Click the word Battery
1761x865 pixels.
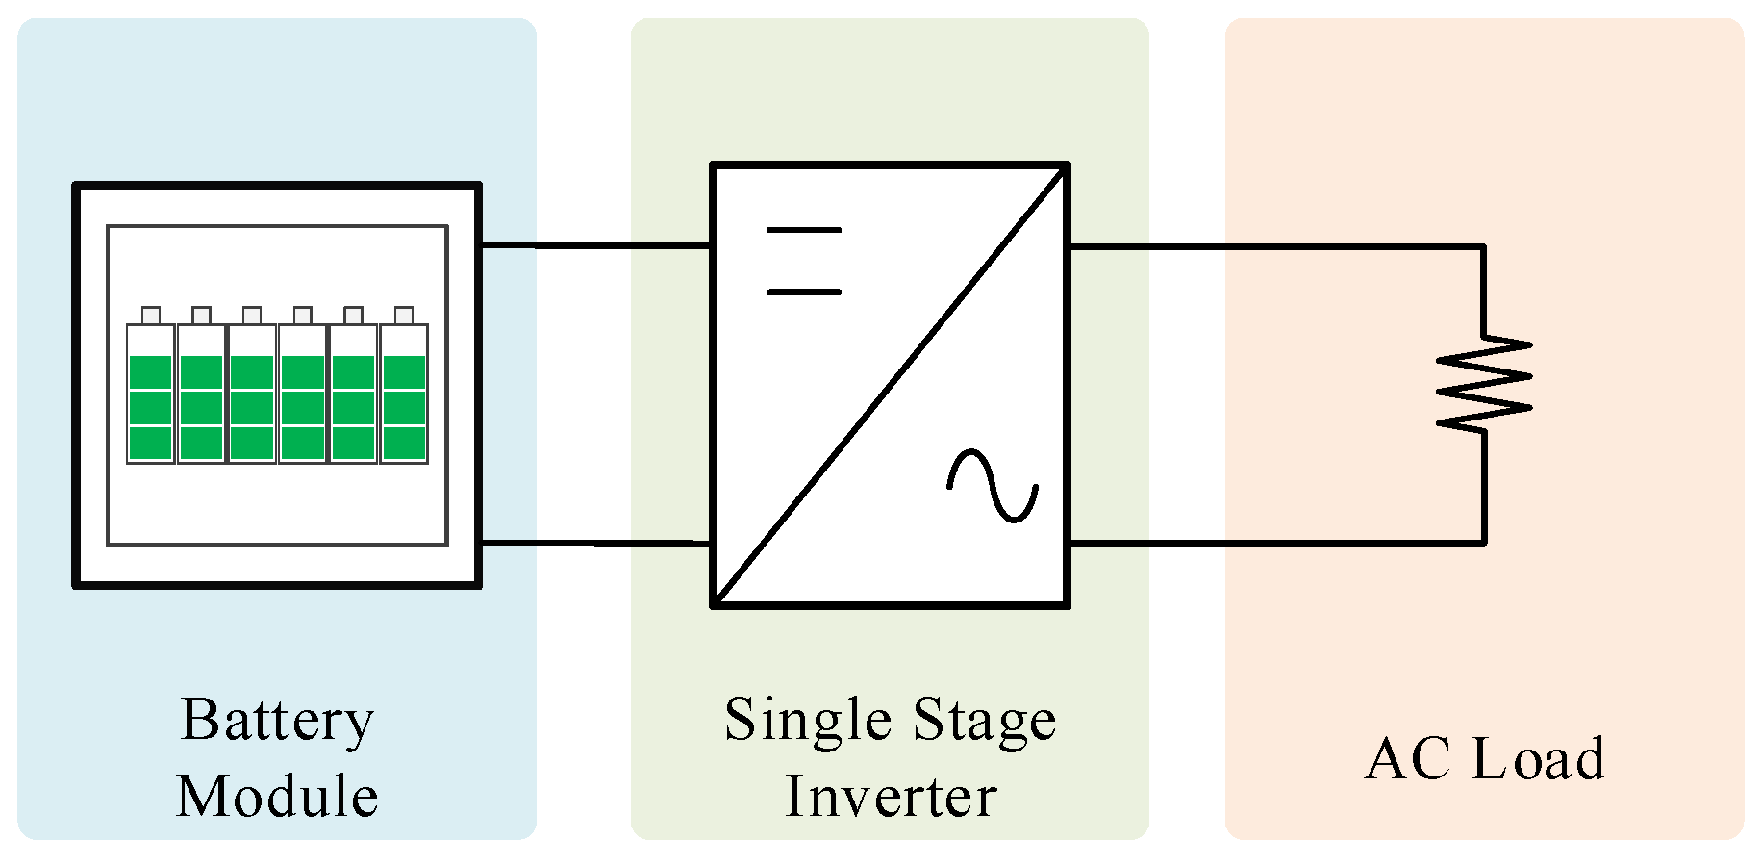click(277, 721)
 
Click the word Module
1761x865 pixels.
click(277, 797)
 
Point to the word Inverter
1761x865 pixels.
click(891, 797)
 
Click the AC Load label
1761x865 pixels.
click(1485, 759)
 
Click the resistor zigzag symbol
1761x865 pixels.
click(1484, 382)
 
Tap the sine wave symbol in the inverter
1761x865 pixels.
click(993, 486)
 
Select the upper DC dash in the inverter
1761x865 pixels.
click(804, 230)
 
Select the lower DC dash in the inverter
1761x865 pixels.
click(804, 292)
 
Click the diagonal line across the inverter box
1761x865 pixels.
click(891, 385)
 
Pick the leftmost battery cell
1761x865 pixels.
click(151, 394)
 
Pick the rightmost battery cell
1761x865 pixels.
click(404, 394)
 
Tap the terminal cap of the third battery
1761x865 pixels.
click(252, 316)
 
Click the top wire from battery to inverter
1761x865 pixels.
click(596, 246)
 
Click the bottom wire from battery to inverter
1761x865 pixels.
click(596, 544)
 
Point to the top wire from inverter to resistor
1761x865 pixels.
click(1279, 246)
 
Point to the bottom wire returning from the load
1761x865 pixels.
click(1279, 543)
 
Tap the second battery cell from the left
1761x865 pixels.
click(201, 394)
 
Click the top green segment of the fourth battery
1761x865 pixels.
click(303, 372)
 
